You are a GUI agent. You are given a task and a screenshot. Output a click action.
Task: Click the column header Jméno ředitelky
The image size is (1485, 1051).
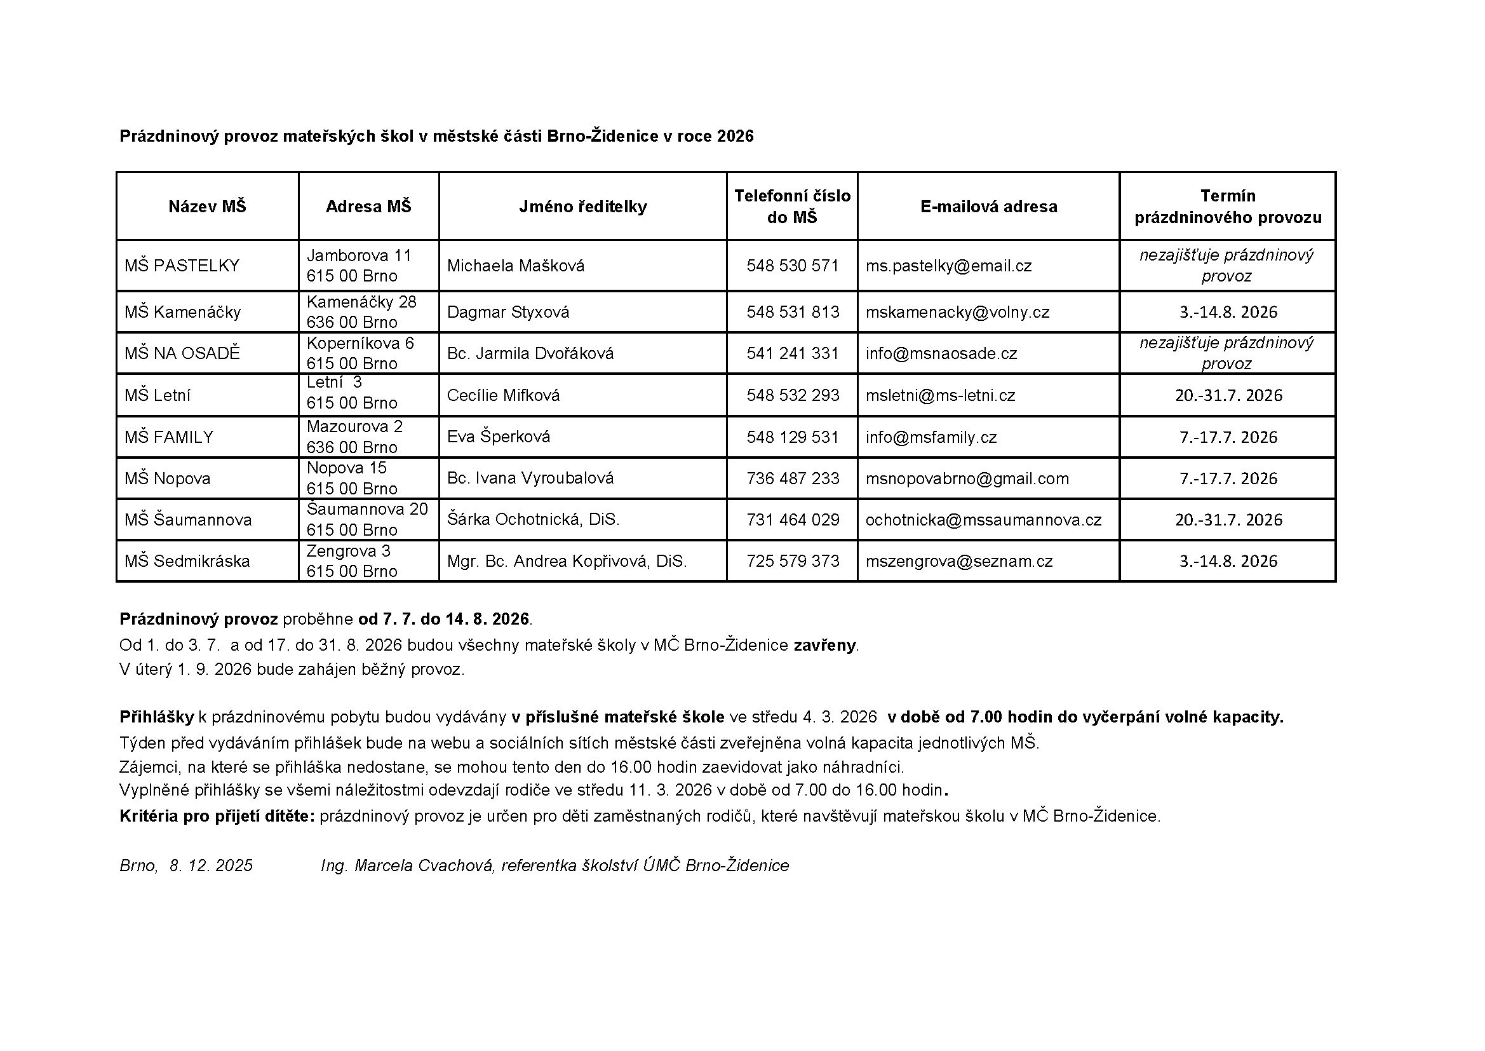tap(582, 207)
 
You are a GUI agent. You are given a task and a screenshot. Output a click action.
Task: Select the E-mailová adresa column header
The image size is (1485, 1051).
tap(988, 207)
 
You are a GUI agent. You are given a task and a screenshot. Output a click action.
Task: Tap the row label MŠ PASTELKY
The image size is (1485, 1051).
tap(182, 266)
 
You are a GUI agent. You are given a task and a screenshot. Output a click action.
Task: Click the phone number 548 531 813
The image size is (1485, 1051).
tap(792, 312)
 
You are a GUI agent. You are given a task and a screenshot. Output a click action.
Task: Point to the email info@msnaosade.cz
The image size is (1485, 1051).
tap(941, 353)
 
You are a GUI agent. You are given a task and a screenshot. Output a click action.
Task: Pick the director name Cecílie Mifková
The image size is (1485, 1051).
tap(503, 395)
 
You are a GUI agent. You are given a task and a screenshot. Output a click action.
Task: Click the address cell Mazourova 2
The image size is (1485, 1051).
tap(354, 427)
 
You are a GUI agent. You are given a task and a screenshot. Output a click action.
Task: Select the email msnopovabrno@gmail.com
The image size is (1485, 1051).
tap(967, 478)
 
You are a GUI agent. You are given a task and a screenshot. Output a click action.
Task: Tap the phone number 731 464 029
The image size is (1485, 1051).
tap(792, 520)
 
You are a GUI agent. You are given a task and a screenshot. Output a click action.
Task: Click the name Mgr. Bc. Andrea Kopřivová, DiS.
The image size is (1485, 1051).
tap(567, 561)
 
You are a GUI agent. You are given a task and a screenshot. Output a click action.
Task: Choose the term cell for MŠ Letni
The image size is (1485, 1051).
tap(1228, 395)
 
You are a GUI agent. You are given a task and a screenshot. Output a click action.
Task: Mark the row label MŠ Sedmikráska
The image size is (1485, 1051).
tap(187, 561)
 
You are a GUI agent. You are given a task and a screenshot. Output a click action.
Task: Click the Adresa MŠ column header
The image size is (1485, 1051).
tap(368, 207)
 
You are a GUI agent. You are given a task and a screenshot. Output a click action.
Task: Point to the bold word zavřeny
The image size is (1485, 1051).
tap(824, 645)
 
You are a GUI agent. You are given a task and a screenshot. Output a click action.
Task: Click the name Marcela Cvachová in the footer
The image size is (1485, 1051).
tap(424, 866)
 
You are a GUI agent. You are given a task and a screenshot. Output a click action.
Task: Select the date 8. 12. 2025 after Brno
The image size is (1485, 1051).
tap(211, 866)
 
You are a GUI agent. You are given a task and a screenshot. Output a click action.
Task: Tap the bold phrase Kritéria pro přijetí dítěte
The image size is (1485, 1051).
tap(217, 816)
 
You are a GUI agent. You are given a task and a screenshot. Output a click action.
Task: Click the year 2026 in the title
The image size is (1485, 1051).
tap(735, 137)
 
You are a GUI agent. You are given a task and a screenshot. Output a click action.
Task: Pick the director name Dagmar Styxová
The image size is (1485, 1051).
tap(507, 312)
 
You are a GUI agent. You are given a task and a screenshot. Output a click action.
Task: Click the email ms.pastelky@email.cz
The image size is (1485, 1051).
tap(948, 266)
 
